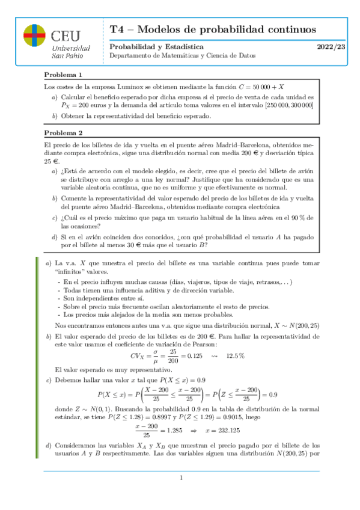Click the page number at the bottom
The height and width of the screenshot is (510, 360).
pos(180,495)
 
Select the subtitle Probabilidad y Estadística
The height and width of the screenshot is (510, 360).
pos(156,46)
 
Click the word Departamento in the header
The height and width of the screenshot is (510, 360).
pos(129,55)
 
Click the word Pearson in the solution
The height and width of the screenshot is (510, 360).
pos(204,345)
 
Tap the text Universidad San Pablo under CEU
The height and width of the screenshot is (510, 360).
pos(72,51)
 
